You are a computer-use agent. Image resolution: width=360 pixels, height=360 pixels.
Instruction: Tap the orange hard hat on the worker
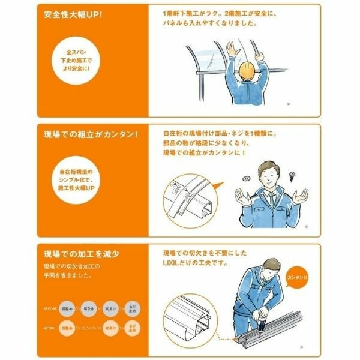coord(247,71)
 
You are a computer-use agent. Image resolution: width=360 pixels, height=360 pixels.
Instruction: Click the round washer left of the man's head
coord(246,178)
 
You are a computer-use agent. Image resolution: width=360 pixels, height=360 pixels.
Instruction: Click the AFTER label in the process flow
coord(50,329)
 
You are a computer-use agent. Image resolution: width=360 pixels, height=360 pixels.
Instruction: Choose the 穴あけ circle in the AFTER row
coord(110,329)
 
